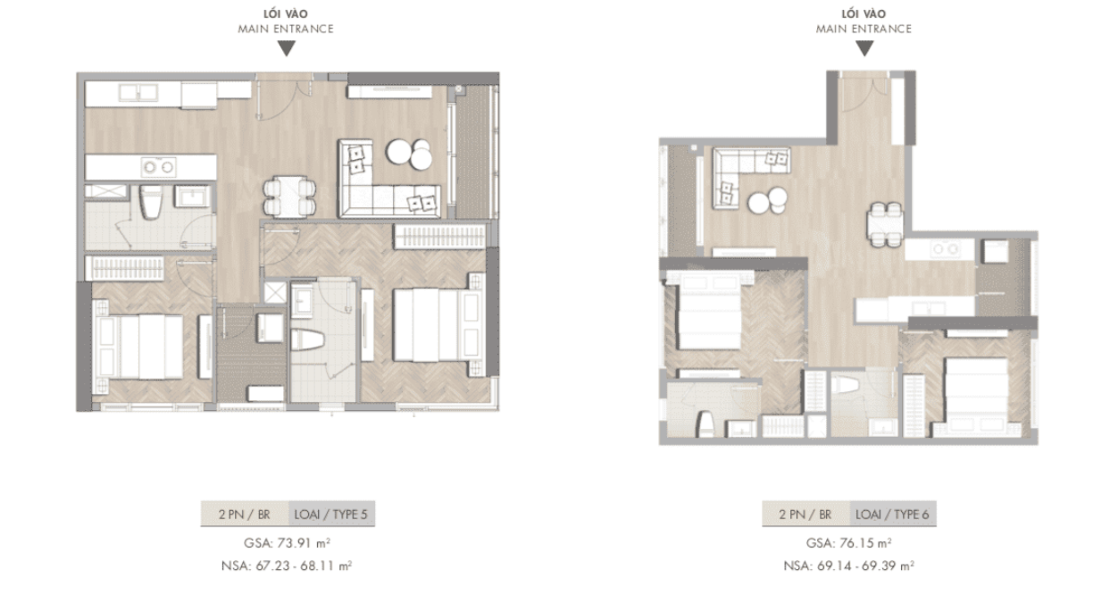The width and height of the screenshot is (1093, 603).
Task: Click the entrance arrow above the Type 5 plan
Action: pyautogui.click(x=286, y=49)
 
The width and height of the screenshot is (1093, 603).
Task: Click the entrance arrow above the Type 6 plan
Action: pyautogui.click(x=864, y=49)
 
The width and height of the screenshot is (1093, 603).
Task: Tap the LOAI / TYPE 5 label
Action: pyautogui.click(x=330, y=515)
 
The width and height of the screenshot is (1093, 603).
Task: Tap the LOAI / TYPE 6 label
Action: pyautogui.click(x=892, y=515)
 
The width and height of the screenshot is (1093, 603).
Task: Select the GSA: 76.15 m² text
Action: pyautogui.click(x=849, y=543)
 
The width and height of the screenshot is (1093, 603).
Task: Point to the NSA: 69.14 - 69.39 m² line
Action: pyautogui.click(x=849, y=565)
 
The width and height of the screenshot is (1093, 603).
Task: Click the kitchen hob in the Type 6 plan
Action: pyautogui.click(x=944, y=249)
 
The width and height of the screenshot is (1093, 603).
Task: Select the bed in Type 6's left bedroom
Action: pyautogui.click(x=705, y=317)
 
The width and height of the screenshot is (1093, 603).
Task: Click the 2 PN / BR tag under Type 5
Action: pyautogui.click(x=244, y=515)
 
